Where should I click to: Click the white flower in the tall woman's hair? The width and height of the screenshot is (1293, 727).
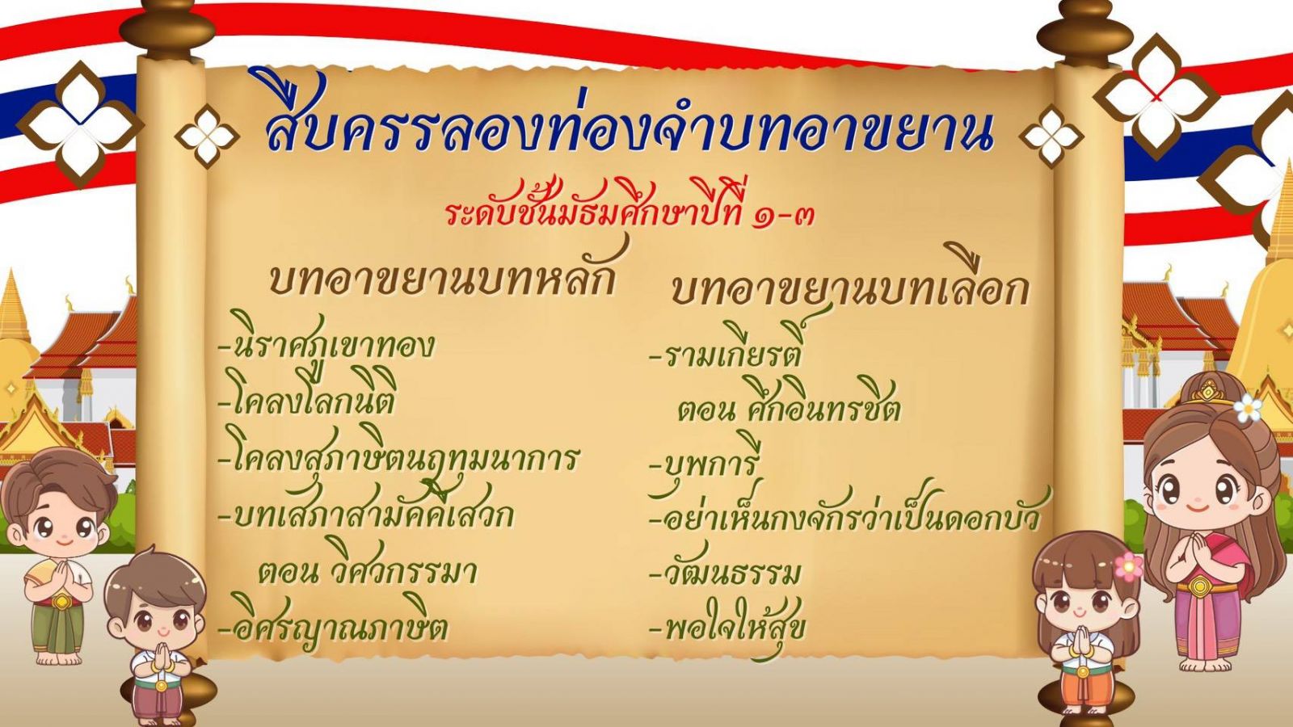coord(1248,408)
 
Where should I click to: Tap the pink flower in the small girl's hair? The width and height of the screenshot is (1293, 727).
coord(1129,566)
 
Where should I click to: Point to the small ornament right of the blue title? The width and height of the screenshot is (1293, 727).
coord(1051,137)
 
